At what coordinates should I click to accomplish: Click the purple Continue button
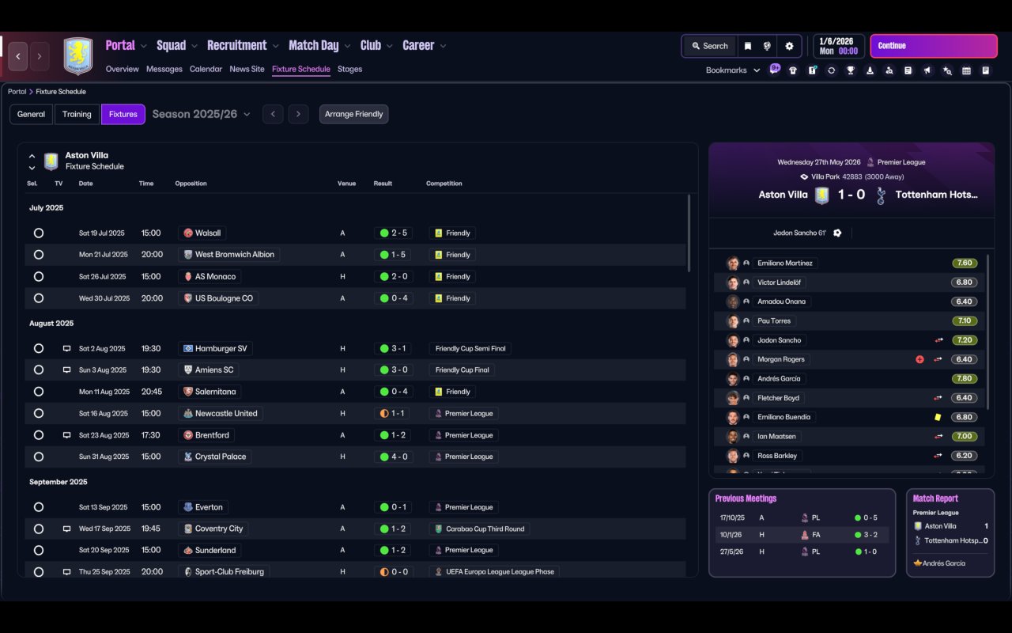933,46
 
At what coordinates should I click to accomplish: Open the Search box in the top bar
709,46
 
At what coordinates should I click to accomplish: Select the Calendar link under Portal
206,69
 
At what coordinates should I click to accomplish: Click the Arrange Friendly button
353,114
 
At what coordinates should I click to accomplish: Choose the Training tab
77,114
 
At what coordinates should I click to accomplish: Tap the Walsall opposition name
208,233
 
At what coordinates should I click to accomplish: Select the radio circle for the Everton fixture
39,507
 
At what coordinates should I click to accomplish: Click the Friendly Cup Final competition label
462,370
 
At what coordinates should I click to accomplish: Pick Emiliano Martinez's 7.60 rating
965,263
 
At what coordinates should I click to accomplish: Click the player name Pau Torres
773,321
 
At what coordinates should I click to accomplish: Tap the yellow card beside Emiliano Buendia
938,417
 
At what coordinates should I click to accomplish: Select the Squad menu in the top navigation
172,45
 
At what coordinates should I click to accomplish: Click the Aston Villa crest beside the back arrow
77,56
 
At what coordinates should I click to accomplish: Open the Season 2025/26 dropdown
201,114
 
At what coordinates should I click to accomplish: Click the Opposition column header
191,184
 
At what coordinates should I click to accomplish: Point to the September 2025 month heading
59,482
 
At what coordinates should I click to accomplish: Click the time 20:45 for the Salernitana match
152,392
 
